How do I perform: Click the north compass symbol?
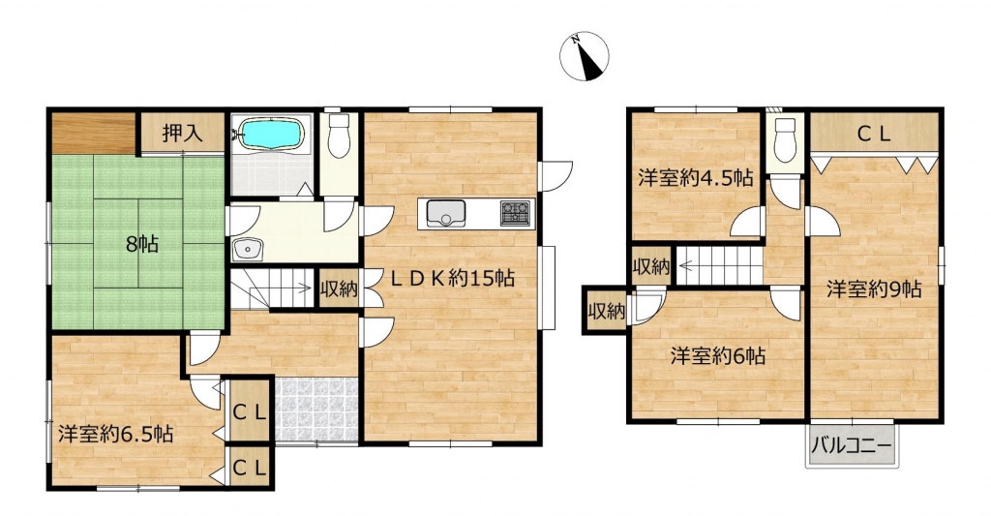coord(584,56)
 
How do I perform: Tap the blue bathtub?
coord(272,134)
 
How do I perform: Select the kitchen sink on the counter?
coord(445,213)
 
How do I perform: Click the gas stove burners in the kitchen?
coord(517,212)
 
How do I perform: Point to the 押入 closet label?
coord(182,134)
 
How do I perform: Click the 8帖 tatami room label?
coord(141,244)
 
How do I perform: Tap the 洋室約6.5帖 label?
coord(116,435)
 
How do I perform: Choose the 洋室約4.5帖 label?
coord(695,178)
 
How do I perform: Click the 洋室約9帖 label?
coord(874,289)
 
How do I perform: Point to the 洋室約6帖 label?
coord(717,356)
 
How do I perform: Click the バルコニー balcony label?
coord(852,445)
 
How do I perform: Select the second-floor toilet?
coord(784,139)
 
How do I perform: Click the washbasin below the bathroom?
coord(248,249)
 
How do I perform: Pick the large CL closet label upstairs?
coord(874,134)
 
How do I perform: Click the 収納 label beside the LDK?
coord(338,290)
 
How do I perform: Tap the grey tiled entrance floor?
coord(317,410)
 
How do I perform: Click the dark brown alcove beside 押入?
coord(93,134)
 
